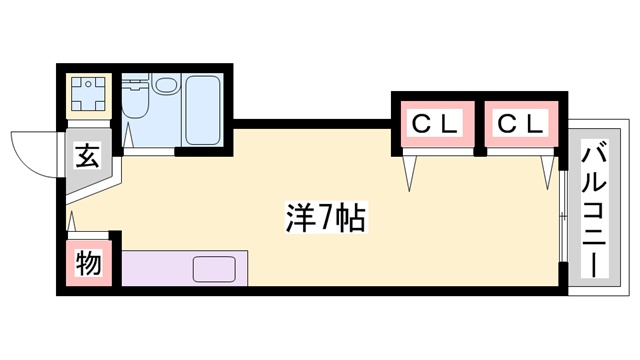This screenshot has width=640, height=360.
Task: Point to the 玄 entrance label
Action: (88, 158)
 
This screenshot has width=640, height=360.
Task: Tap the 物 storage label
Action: (88, 265)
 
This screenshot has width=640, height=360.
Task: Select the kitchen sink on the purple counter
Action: (213, 267)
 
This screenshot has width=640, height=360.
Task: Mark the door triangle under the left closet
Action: (408, 175)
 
